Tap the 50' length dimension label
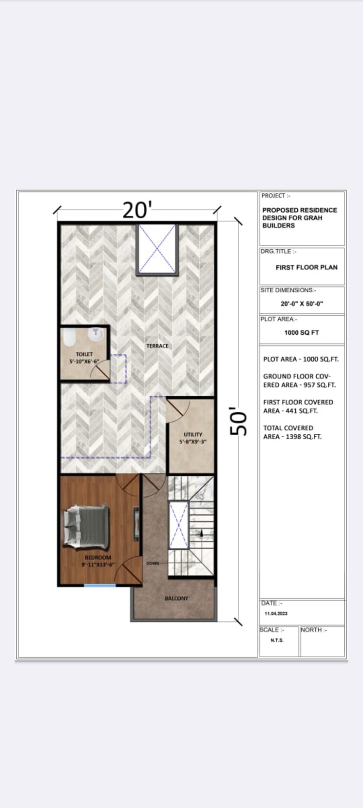click(239, 422)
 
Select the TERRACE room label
click(157, 346)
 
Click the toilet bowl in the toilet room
click(69, 337)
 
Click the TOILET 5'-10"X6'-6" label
click(84, 358)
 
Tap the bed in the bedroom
click(86, 526)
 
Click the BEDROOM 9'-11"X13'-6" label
click(98, 561)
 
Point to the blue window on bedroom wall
click(100, 585)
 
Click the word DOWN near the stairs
click(153, 564)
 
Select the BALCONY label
click(176, 598)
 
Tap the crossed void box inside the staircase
click(178, 525)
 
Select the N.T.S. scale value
click(277, 640)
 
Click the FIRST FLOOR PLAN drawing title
click(306, 267)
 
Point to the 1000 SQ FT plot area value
click(302, 333)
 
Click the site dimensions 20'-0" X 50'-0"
click(302, 303)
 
